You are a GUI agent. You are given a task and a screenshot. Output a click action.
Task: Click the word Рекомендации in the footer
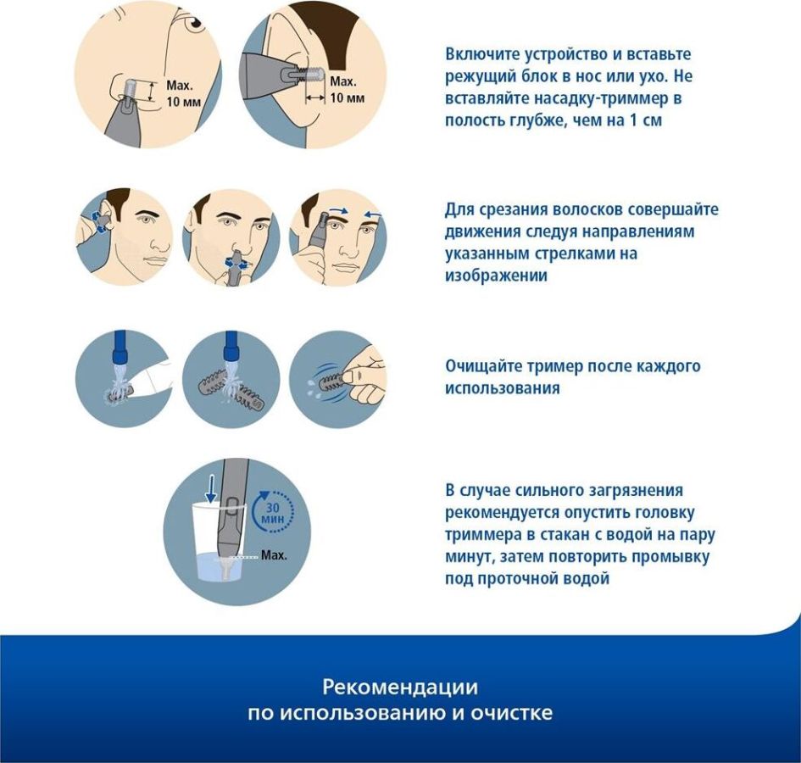pos(400,688)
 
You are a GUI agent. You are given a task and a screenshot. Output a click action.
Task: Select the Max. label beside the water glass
pos(274,555)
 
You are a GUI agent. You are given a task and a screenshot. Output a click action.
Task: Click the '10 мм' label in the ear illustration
pos(348,97)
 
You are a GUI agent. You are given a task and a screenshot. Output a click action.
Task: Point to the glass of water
pos(219,543)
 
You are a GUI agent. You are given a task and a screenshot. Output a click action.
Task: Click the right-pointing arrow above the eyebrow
pos(337,209)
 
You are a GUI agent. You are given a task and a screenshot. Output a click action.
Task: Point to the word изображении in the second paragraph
pos(496,276)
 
